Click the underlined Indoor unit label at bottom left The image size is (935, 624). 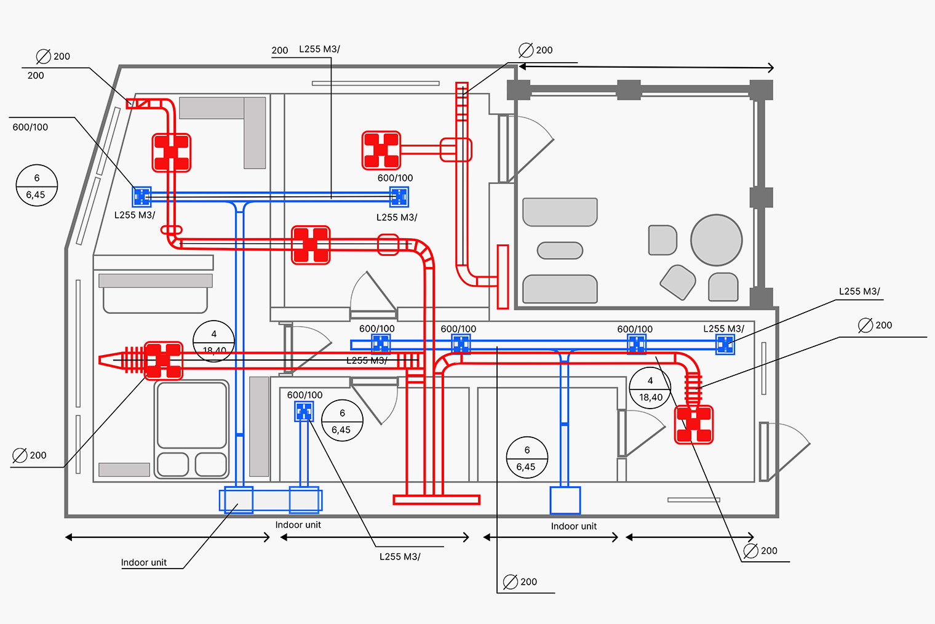[143, 562]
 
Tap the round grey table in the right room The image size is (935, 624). [716, 240]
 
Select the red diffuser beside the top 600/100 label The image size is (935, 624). [381, 150]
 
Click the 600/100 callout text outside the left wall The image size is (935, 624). [30, 127]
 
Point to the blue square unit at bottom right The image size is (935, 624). [565, 500]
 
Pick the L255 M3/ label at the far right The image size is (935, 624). [859, 292]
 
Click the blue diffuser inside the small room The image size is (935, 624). [304, 411]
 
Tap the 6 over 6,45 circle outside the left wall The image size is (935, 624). [36, 186]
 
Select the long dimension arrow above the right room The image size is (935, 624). [646, 67]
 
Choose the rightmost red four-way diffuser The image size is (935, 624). [694, 425]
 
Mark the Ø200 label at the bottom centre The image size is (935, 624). [520, 582]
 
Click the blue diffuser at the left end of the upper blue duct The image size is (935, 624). [142, 196]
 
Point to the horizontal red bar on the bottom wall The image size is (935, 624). [436, 500]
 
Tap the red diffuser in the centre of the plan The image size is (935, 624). [311, 245]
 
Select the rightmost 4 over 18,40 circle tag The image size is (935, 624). [650, 389]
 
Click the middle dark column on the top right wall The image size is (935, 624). [629, 90]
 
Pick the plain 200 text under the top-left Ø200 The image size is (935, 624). [36, 76]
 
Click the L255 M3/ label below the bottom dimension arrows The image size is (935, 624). [400, 557]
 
